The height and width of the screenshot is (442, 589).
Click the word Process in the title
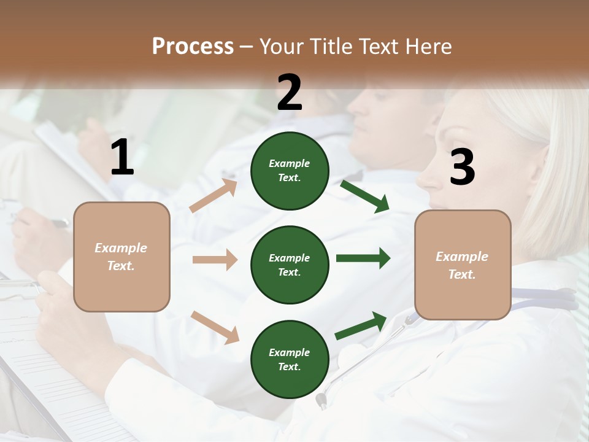pos(193,46)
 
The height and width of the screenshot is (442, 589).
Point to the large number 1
pos(122,158)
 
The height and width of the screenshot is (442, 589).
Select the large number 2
pos(290,93)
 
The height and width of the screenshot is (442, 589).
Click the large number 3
pos(463,167)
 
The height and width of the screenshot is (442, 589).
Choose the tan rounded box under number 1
pos(121,257)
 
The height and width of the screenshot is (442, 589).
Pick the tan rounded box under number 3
pos(463,265)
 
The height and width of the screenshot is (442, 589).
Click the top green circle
pos(290,171)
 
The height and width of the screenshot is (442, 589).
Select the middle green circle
pos(290,265)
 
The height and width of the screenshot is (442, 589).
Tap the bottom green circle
pos(290,359)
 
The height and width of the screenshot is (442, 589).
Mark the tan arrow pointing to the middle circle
pos(215,260)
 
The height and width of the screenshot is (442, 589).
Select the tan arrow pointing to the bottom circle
pos(215,327)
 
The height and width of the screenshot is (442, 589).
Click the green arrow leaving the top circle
pos(364,196)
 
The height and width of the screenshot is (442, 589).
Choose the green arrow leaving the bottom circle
pos(361,325)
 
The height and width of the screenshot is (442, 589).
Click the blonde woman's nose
pos(425,179)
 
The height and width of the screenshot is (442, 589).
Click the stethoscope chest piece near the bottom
pos(320,400)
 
